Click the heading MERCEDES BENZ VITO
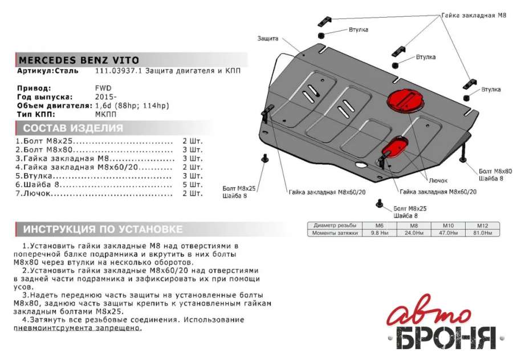pyautogui.click(x=78, y=60)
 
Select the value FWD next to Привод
pyautogui.click(x=103, y=88)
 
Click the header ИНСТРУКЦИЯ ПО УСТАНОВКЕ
pyautogui.click(x=103, y=229)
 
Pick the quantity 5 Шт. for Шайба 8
pyautogui.click(x=192, y=185)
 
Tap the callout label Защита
pyautogui.click(x=267, y=39)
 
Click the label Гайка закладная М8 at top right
pyautogui.click(x=473, y=15)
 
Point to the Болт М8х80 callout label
pyautogui.click(x=495, y=171)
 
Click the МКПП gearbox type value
pyautogui.click(x=105, y=114)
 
